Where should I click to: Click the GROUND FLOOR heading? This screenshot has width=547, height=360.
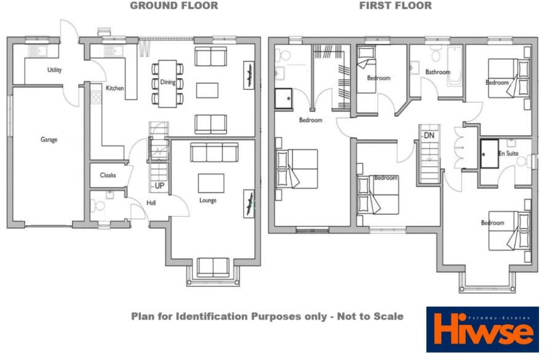click(x=174, y=6)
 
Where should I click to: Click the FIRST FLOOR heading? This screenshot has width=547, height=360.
click(x=395, y=6)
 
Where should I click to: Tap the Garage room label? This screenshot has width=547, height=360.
click(x=49, y=140)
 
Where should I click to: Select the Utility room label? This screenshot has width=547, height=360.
click(x=55, y=70)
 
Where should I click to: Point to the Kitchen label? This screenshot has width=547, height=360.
click(x=114, y=89)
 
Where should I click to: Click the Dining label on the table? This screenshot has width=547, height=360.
click(x=167, y=82)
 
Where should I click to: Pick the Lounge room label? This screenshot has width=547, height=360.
click(x=208, y=200)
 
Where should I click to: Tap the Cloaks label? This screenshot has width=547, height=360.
click(x=108, y=175)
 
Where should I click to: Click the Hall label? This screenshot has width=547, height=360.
click(x=151, y=203)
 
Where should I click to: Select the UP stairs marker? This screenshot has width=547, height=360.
click(x=159, y=185)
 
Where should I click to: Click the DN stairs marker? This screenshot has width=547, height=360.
click(x=429, y=135)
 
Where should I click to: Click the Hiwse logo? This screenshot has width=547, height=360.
click(x=482, y=330)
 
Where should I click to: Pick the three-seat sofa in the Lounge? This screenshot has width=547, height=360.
click(x=214, y=152)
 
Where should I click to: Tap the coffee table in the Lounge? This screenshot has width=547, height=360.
click(x=211, y=183)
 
